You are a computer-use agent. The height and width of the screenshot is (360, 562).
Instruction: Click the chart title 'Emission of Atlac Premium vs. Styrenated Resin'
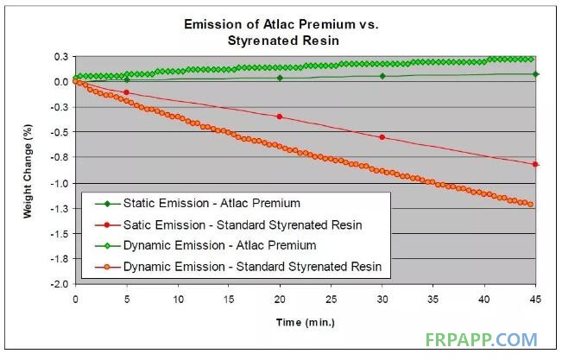pyautogui.click(x=281, y=32)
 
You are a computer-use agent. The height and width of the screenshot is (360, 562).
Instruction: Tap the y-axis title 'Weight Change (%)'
pyautogui.click(x=28, y=171)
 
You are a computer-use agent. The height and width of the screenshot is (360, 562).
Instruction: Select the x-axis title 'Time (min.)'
pyautogui.click(x=306, y=322)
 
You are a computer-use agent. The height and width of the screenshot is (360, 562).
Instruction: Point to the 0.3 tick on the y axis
pyautogui.click(x=61, y=57)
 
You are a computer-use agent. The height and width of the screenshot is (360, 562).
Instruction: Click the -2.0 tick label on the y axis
pyautogui.click(x=60, y=284)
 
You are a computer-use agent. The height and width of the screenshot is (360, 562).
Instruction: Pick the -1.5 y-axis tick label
pyautogui.click(x=60, y=234)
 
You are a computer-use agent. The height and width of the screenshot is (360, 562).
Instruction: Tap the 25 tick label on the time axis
pyautogui.click(x=331, y=299)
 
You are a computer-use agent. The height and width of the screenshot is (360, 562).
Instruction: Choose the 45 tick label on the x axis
pyautogui.click(x=535, y=299)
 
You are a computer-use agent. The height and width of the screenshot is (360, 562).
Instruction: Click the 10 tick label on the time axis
pyautogui.click(x=178, y=299)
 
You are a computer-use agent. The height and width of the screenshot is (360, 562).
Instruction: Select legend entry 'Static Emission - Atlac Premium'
pyautogui.click(x=198, y=203)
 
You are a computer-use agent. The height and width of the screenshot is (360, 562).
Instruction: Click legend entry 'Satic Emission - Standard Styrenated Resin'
pyautogui.click(x=228, y=224)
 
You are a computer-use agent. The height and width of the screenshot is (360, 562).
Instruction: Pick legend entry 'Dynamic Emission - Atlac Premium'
pyautogui.click(x=205, y=246)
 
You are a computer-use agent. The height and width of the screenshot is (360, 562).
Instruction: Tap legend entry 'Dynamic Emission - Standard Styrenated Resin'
pyautogui.click(x=238, y=267)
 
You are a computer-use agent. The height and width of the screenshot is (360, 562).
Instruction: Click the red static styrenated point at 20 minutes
pyautogui.click(x=280, y=117)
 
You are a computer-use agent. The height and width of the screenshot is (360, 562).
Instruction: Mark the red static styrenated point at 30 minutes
pyautogui.click(x=382, y=137)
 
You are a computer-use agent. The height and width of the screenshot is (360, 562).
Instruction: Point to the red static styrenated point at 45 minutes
pyautogui.click(x=535, y=164)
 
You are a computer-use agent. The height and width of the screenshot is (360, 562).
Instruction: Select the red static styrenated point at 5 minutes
pyautogui.click(x=126, y=92)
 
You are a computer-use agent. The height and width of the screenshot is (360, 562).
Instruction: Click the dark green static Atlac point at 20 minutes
pyautogui.click(x=280, y=78)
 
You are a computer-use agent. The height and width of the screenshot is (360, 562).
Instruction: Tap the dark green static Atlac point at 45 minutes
pyautogui.click(x=535, y=74)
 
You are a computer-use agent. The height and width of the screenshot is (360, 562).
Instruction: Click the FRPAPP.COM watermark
pyautogui.click(x=482, y=339)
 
